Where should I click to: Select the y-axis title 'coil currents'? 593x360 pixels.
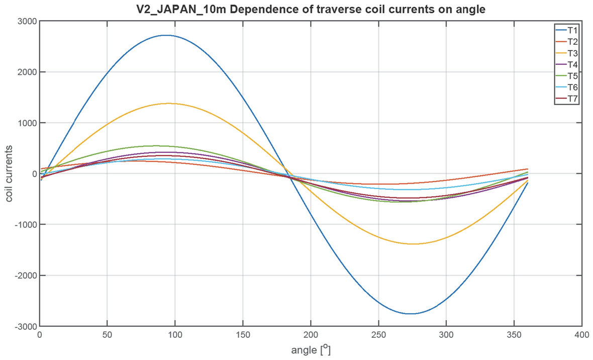10,173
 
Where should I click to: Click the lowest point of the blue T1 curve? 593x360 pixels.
411,314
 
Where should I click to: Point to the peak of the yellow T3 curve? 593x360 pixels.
168,103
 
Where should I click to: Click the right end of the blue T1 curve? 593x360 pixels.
527,183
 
